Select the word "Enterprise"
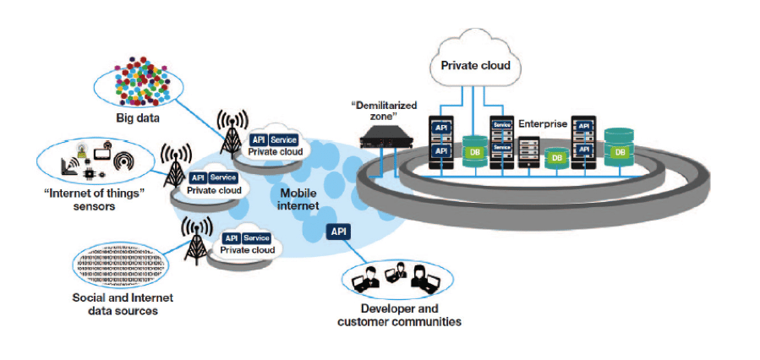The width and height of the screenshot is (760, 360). (544, 123)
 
